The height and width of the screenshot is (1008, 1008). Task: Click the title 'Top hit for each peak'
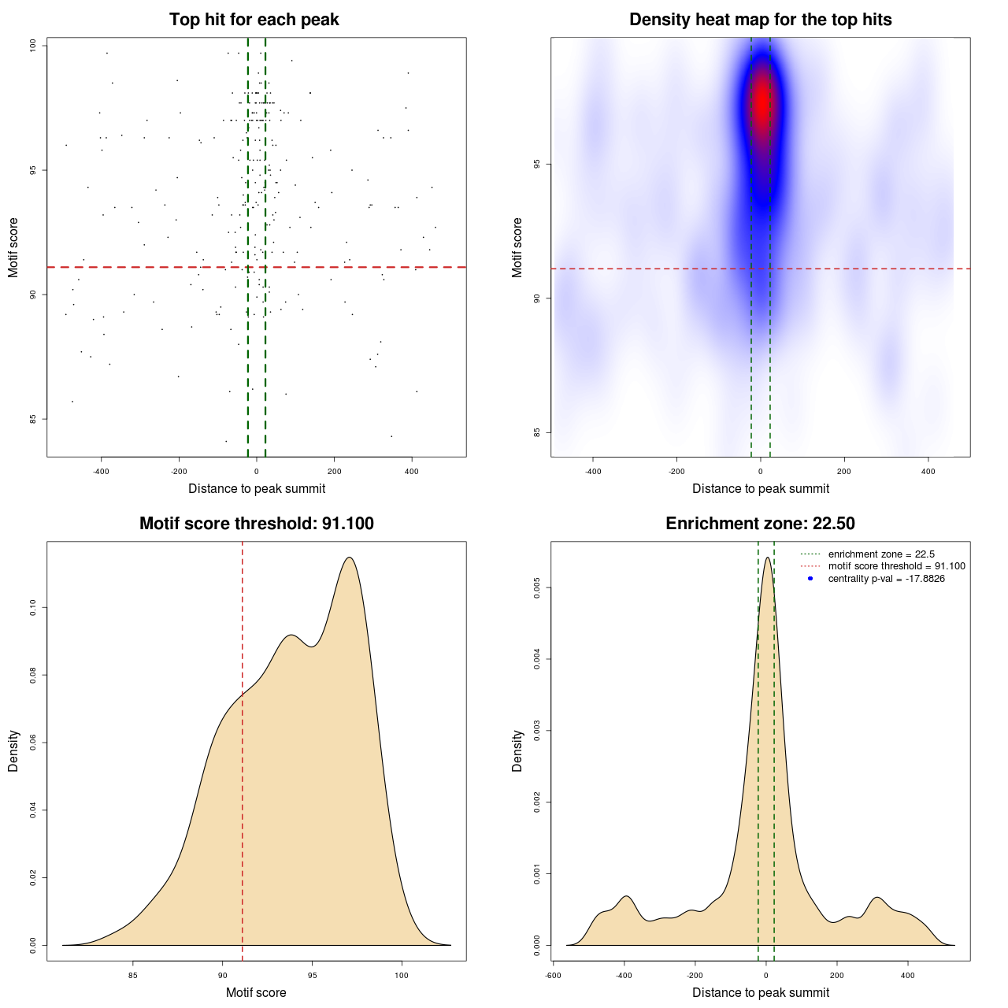pos(254,20)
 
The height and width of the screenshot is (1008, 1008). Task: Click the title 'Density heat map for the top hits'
pos(760,20)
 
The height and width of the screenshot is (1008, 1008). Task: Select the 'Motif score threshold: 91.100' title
pos(256,524)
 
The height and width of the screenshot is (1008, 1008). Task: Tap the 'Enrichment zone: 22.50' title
pos(760,524)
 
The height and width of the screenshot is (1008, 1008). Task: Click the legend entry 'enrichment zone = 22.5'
pos(880,554)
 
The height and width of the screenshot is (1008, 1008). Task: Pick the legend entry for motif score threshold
pos(896,566)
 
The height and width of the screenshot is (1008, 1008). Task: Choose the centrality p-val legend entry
pos(886,579)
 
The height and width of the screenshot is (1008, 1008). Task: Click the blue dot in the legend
pos(810,579)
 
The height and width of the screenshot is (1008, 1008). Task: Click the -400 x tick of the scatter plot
pos(101,472)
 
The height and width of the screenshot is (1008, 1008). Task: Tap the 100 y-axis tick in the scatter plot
pos(33,46)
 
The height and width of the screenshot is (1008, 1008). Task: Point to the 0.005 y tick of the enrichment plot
pos(537,587)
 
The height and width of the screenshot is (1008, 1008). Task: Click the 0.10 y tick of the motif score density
pos(33,608)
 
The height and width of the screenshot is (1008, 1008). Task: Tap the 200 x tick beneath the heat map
pos(844,472)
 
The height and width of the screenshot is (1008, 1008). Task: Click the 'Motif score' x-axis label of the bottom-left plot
pos(256,992)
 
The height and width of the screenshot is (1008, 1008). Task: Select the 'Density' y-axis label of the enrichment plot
pos(517,750)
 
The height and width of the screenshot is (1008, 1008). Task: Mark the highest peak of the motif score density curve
pos(349,558)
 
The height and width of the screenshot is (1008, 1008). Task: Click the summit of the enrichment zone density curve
pos(767,558)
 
